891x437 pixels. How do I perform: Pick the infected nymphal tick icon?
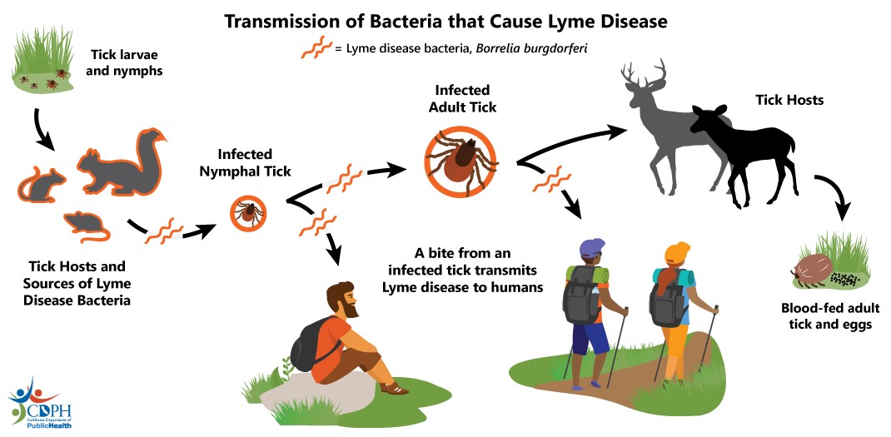(248, 212)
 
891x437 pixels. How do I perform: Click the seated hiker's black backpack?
(310, 345)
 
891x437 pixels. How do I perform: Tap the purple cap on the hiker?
(593, 247)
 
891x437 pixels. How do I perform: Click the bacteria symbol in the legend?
(316, 47)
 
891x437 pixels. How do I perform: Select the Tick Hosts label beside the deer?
(789, 101)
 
